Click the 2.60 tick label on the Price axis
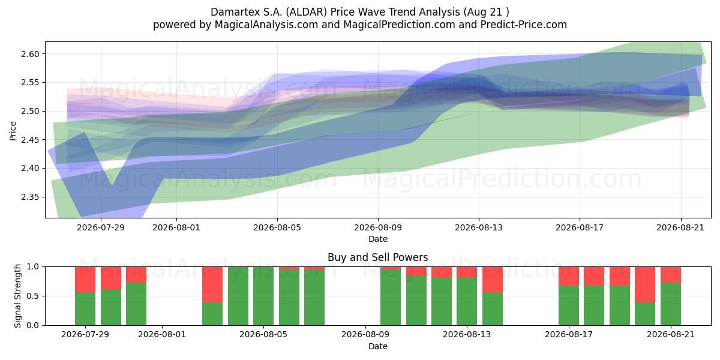(x=30, y=54)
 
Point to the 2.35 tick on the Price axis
(x=30, y=197)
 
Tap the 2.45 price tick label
(x=30, y=140)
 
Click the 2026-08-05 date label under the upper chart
(x=277, y=227)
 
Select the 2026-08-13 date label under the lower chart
(x=467, y=334)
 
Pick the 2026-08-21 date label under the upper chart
(x=680, y=227)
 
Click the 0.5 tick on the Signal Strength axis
(x=32, y=296)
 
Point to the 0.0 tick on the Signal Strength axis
(x=32, y=325)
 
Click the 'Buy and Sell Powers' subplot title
(x=377, y=257)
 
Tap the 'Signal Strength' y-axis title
(x=17, y=296)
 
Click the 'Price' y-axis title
(x=13, y=131)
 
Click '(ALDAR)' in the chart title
(x=307, y=12)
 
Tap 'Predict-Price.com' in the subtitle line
(x=524, y=25)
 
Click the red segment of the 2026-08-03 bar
(x=212, y=284)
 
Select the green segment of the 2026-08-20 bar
(x=645, y=314)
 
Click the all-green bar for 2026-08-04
(x=238, y=296)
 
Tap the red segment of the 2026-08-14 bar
(x=493, y=280)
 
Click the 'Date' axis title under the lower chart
(x=377, y=346)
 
